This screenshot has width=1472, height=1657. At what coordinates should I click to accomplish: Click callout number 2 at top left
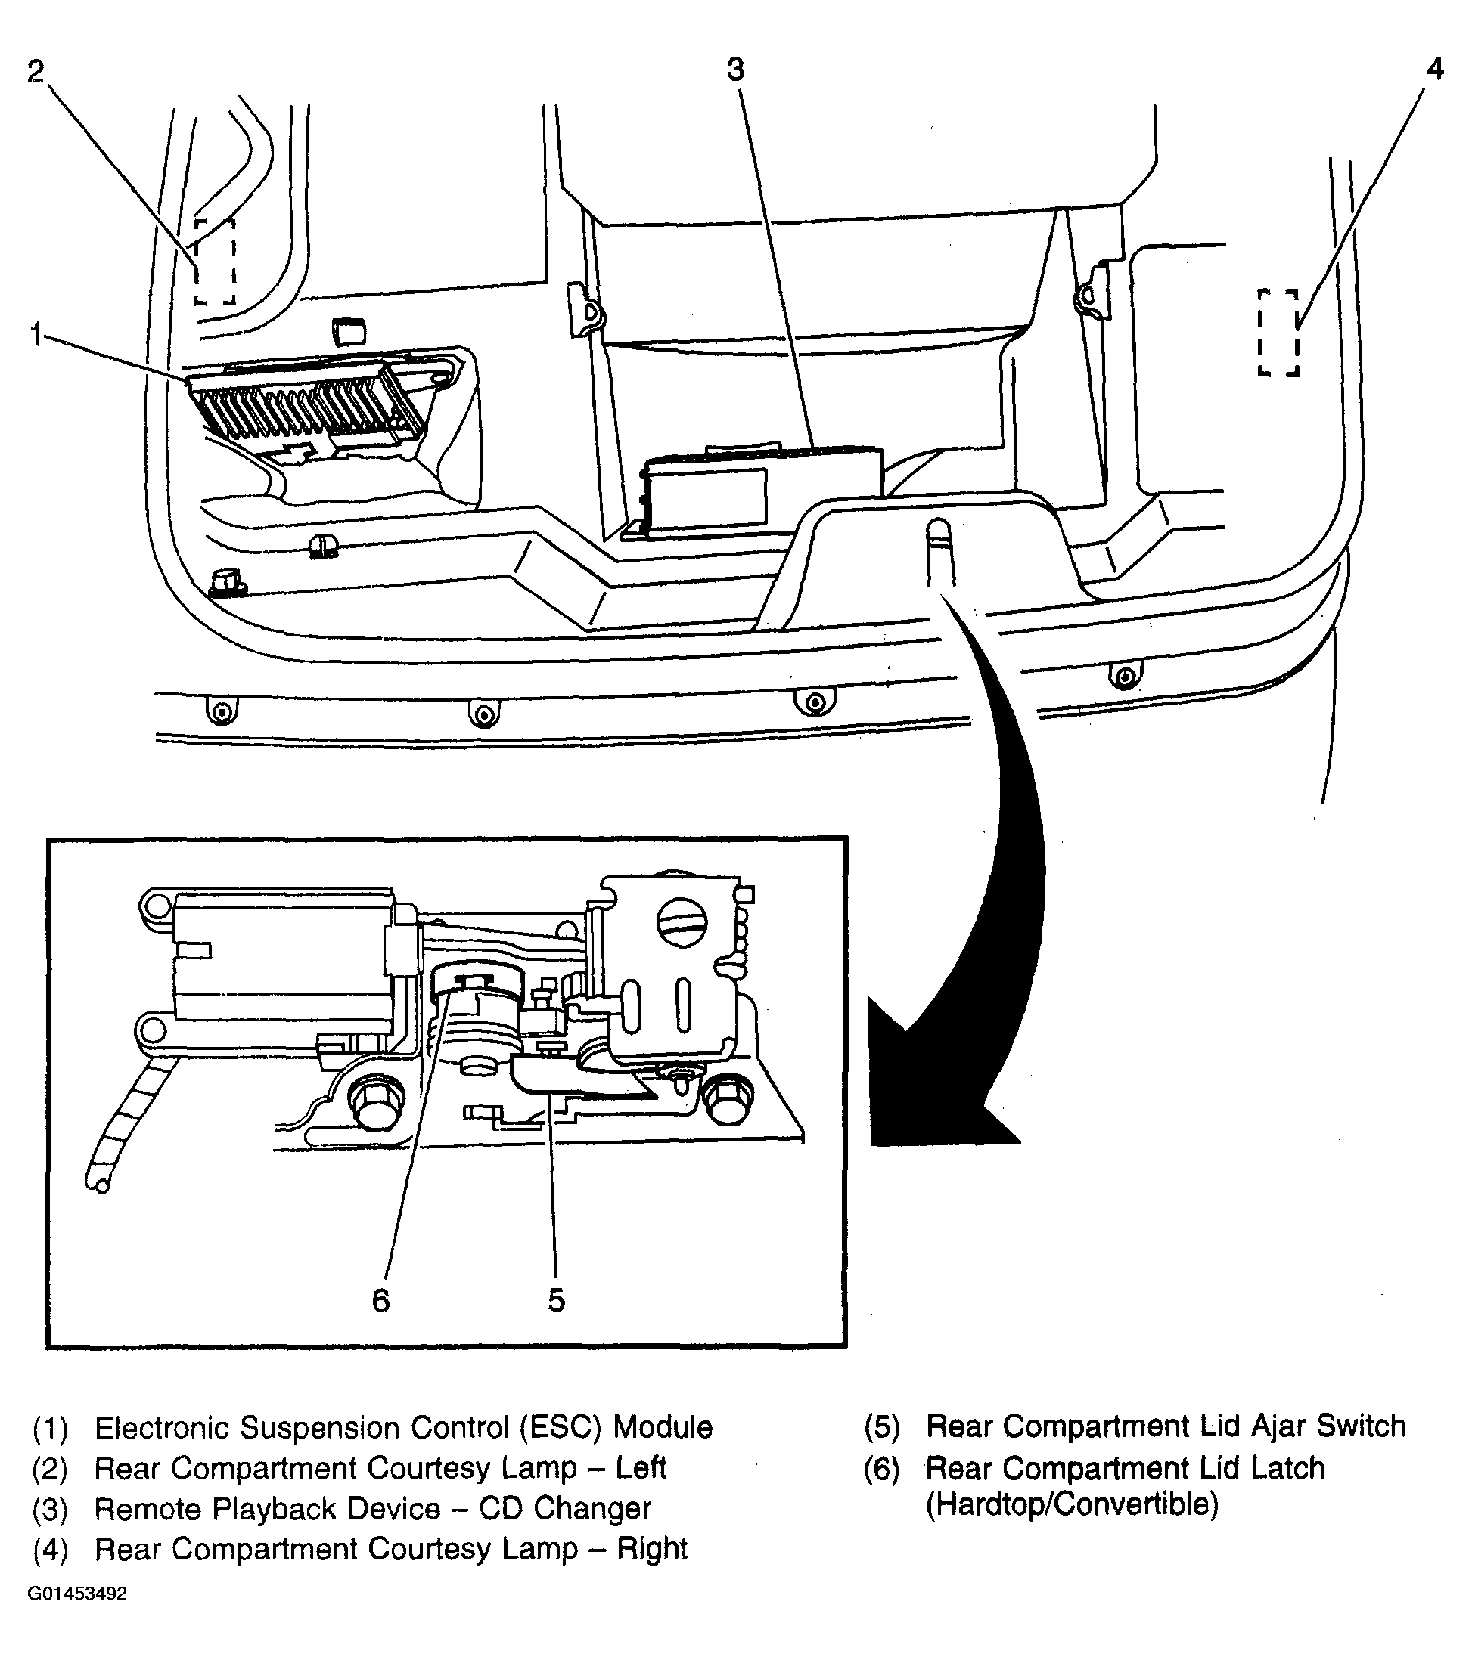(x=36, y=71)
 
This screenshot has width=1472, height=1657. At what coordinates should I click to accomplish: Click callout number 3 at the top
(x=735, y=70)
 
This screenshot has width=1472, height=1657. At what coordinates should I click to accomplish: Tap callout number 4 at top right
(x=1435, y=70)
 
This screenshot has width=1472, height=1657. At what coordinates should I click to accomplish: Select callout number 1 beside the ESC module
(x=36, y=334)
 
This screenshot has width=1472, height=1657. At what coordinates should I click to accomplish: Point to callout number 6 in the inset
(x=381, y=1300)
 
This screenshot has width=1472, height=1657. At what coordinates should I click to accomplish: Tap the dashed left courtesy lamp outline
(x=215, y=261)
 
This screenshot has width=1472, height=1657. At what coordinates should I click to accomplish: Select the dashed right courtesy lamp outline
(x=1279, y=332)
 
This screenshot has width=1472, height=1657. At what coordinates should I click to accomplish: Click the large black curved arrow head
(x=933, y=1086)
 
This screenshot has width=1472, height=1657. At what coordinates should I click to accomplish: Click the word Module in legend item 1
(x=663, y=1449)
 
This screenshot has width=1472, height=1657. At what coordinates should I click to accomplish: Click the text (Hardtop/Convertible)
(x=1072, y=1526)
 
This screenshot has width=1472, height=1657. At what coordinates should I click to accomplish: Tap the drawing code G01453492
(x=78, y=1615)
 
